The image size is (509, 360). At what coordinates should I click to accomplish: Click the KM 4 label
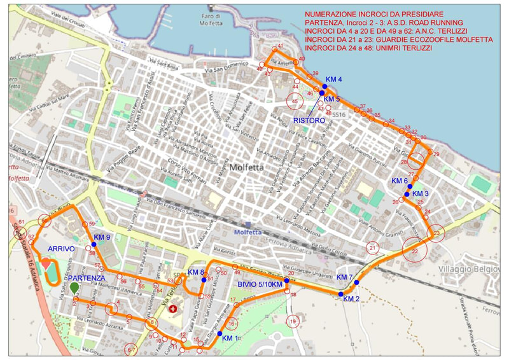(333, 80)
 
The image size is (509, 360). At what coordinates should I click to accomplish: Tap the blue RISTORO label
(309, 120)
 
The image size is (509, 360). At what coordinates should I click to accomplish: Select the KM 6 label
(400, 181)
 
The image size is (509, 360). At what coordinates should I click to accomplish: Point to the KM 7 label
(344, 277)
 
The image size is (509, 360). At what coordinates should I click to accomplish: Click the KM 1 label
(230, 338)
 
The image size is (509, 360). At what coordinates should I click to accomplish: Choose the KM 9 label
(102, 237)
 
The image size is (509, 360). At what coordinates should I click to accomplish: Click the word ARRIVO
(61, 249)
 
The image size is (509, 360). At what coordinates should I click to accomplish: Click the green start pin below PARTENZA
(74, 288)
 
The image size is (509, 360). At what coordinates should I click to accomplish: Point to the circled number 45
(294, 100)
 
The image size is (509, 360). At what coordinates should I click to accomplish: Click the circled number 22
(415, 252)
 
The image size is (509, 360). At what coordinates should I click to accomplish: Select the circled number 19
(293, 322)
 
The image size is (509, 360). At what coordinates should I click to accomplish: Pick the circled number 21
(373, 247)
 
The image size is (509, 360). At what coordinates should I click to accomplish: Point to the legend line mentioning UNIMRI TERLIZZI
(368, 48)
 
